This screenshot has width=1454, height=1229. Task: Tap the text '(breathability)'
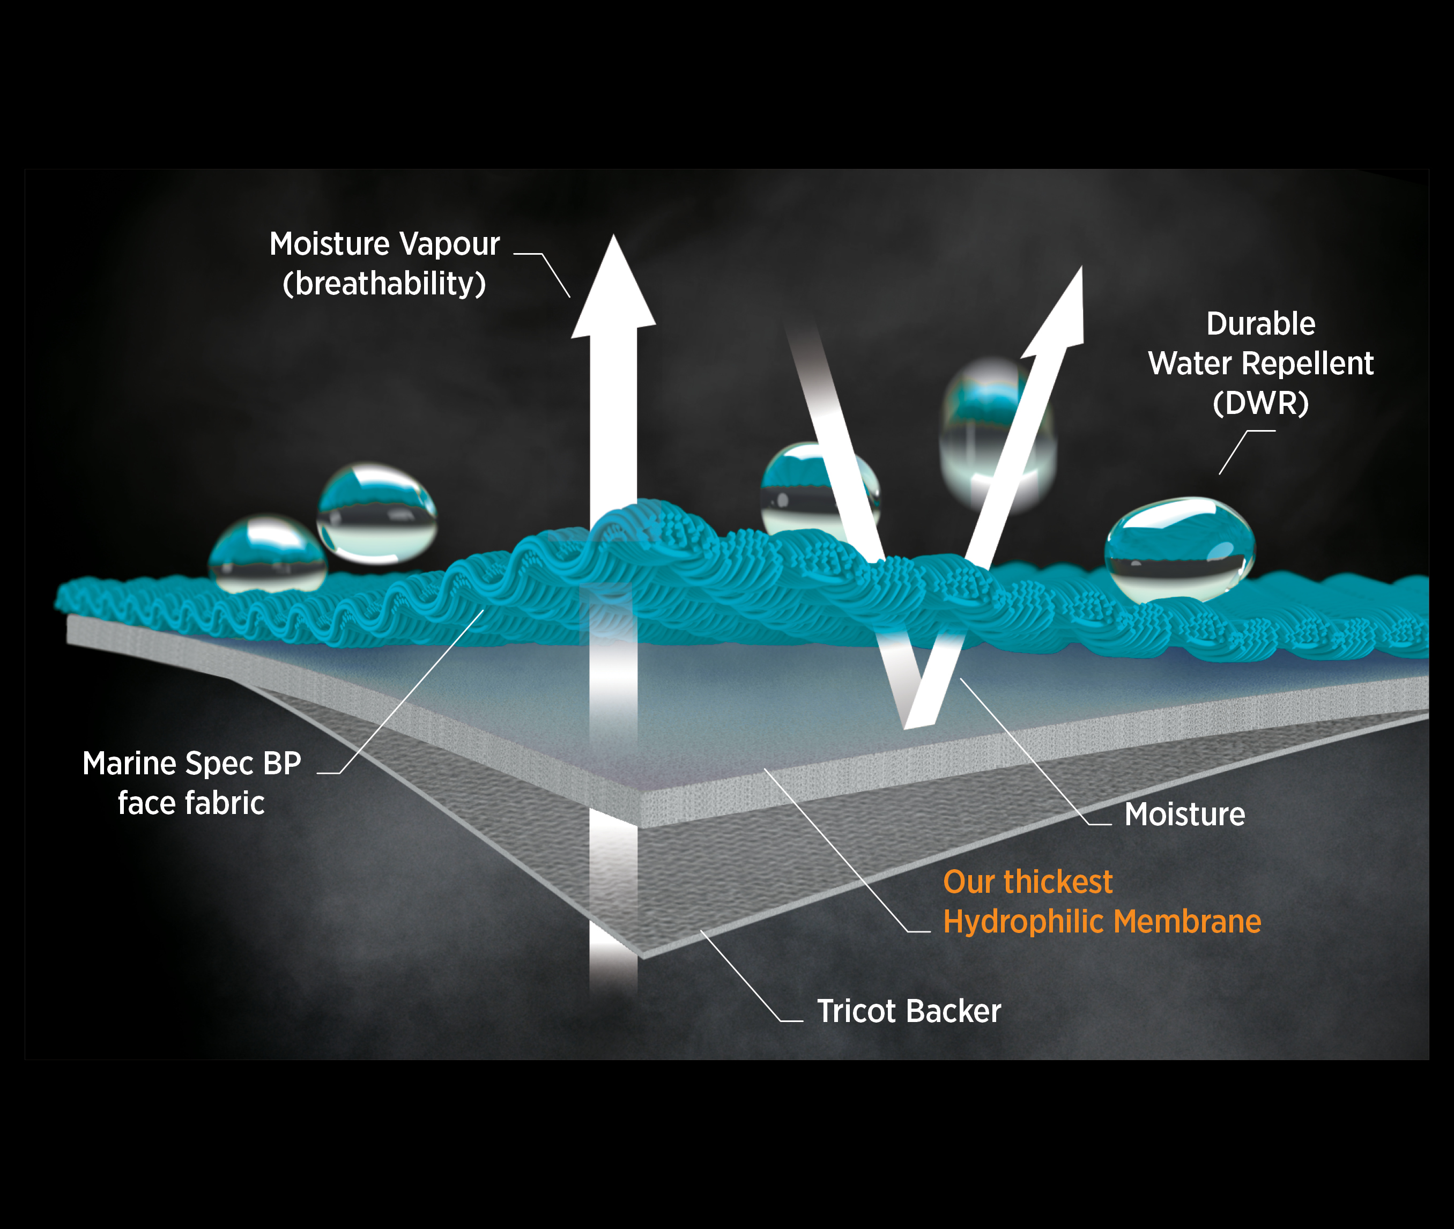click(x=384, y=284)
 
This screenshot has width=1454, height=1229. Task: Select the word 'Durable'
click(x=1260, y=324)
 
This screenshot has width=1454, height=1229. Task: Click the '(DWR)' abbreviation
click(x=1260, y=403)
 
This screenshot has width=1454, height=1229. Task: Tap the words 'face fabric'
click(x=191, y=803)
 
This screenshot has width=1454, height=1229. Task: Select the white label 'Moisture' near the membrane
click(x=1184, y=815)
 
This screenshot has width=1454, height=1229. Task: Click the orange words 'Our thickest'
click(x=1028, y=882)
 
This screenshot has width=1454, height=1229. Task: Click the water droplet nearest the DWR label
click(x=1179, y=549)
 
